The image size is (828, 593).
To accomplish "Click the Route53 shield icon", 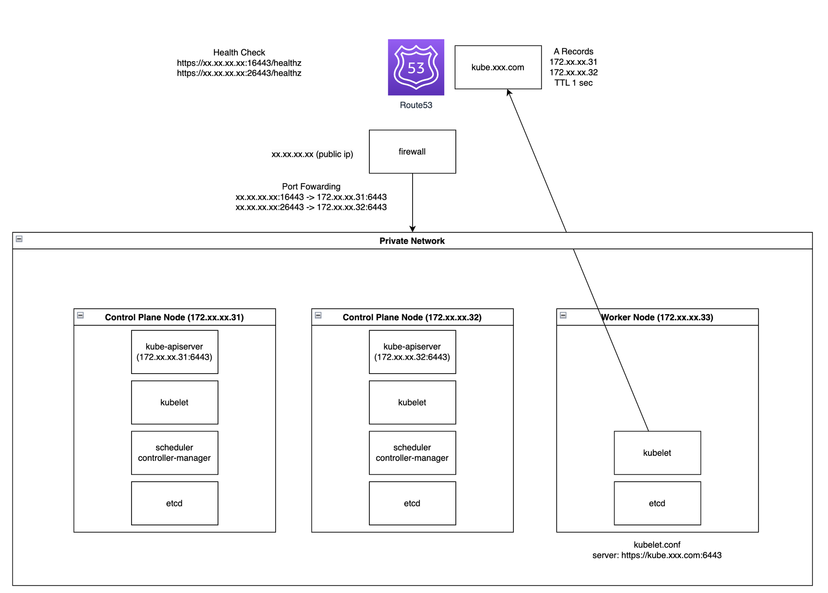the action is click(416, 67).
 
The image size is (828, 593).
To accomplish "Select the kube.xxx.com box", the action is click(498, 67).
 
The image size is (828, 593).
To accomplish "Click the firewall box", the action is click(413, 152).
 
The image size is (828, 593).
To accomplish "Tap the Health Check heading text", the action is click(239, 52).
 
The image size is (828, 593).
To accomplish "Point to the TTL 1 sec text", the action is click(574, 83).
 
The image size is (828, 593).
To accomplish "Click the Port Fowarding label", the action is click(311, 186).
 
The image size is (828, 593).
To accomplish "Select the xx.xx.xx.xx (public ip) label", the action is click(312, 154).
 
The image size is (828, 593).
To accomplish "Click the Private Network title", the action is click(412, 241).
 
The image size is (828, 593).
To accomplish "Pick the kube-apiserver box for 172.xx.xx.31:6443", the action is click(175, 352).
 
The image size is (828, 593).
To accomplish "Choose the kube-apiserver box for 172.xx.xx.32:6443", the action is click(413, 352).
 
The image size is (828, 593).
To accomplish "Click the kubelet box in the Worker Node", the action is click(657, 453).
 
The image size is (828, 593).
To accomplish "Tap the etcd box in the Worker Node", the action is click(657, 503).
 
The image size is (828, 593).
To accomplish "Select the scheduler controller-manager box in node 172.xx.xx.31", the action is click(175, 453).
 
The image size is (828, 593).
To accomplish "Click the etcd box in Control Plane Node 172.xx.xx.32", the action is click(413, 503).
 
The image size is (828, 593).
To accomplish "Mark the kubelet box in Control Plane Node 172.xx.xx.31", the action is click(175, 403).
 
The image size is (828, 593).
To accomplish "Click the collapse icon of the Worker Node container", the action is click(563, 315).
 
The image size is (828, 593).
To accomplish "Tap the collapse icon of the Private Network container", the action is click(19, 239).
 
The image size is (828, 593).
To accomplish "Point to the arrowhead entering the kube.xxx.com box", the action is click(508, 92).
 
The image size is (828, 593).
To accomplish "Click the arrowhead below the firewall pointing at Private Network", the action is click(413, 229).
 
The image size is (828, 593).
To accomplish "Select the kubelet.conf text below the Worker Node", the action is click(657, 545).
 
